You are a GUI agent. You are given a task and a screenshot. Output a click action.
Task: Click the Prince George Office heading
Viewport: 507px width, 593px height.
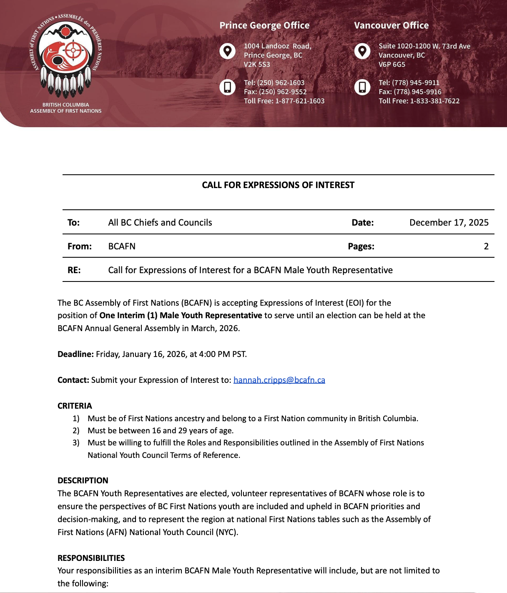coord(264,25)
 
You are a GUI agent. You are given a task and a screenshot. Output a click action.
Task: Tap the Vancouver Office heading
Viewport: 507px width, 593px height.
coord(391,25)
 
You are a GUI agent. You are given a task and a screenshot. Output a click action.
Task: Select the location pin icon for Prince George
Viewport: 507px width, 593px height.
coord(228,51)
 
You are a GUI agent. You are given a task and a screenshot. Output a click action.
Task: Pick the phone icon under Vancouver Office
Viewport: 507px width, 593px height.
coord(362,87)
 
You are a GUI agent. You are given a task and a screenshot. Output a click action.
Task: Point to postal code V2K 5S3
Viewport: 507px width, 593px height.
coord(257,65)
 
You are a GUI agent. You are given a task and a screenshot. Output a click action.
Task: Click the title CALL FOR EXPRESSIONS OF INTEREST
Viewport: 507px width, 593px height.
coord(278,185)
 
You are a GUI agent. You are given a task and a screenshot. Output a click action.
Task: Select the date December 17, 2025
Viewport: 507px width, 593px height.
coord(449,223)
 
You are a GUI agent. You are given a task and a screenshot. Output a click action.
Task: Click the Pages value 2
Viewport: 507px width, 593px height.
coord(486,246)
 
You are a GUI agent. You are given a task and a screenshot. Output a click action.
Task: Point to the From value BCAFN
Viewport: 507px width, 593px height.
coord(122,246)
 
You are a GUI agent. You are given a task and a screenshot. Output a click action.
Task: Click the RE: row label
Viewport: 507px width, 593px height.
coord(74,270)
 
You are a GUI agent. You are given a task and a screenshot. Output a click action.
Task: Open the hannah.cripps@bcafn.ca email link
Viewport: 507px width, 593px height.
coord(279,380)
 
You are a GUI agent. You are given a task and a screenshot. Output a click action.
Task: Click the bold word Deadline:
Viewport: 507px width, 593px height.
coord(75,354)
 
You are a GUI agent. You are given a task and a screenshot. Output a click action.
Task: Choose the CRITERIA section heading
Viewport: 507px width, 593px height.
coord(75,406)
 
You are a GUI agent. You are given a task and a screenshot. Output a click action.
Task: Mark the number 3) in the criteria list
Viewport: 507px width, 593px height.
coord(76,443)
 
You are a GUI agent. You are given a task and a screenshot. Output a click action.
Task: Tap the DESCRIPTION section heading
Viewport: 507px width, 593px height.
coord(83,480)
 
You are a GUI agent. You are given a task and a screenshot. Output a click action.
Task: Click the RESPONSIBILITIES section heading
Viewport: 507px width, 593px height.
coord(91,558)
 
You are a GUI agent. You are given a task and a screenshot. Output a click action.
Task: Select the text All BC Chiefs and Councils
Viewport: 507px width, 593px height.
coord(160,223)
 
